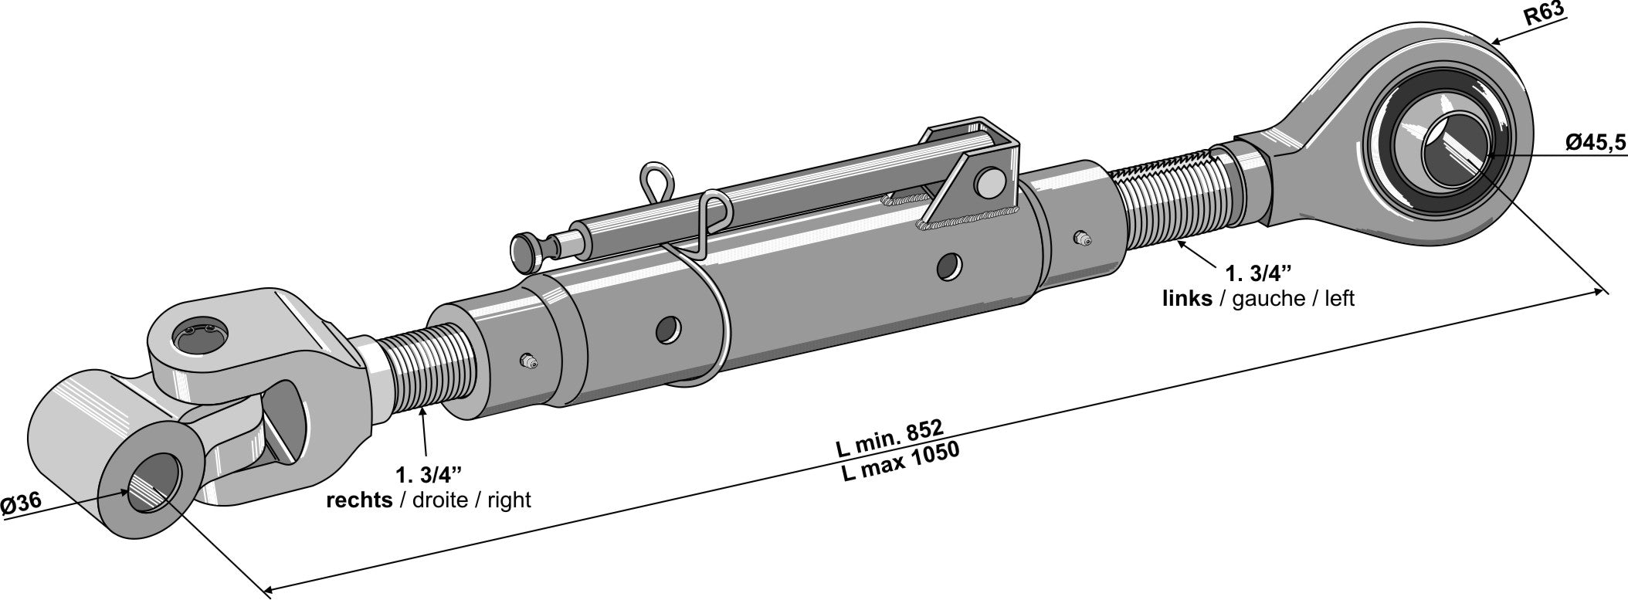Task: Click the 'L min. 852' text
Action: [x=889, y=439]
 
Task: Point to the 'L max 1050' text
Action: [x=900, y=462]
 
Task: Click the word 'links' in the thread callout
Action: [x=1187, y=298]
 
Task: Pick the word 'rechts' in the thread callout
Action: [x=360, y=500]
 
